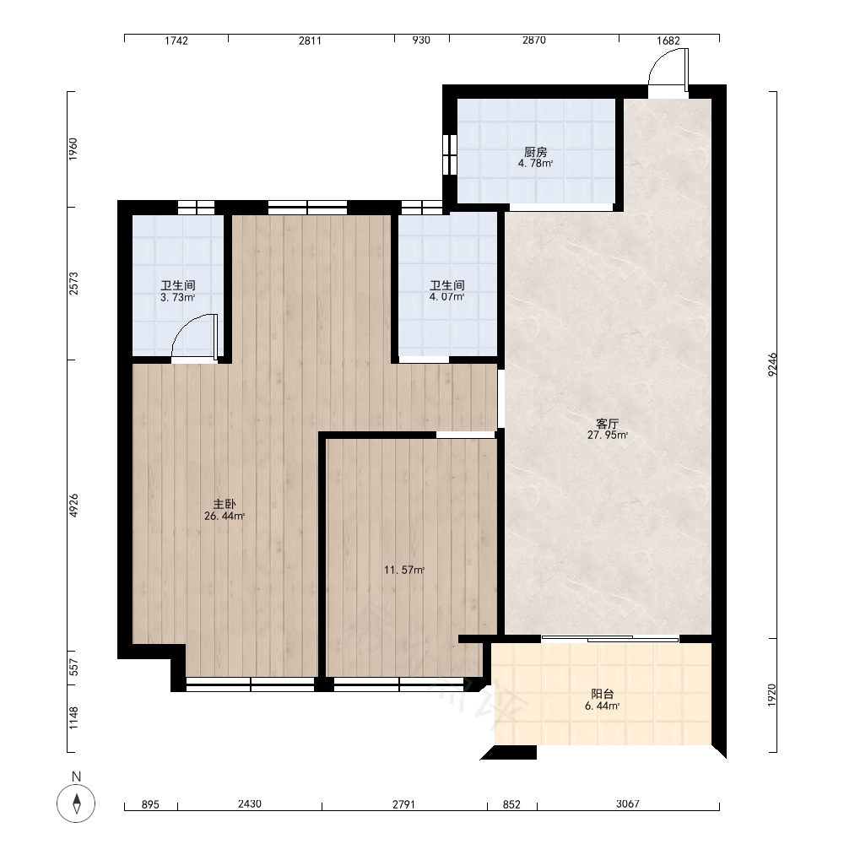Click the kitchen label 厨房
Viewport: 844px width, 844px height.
pos(536,152)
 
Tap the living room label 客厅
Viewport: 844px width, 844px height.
pos(607,425)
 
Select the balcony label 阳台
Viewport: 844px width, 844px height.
pos(603,695)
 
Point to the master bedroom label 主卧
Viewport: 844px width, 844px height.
pos(225,505)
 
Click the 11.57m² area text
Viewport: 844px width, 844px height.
pos(404,570)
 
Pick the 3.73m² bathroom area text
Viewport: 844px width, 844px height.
pos(177,297)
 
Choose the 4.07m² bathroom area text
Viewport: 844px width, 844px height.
pos(446,296)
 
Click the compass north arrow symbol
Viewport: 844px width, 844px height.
pos(77,803)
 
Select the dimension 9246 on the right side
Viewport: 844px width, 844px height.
pos(772,365)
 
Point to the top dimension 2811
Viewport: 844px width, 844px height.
pos(310,41)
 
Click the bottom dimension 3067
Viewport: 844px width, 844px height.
pos(628,804)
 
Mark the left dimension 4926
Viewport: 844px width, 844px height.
pos(73,506)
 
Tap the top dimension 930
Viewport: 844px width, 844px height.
pos(421,41)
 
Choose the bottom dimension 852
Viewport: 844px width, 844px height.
pos(511,804)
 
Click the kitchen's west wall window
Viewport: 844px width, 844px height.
pos(450,154)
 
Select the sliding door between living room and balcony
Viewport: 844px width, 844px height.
pos(610,639)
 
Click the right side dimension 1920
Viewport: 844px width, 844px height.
pos(772,695)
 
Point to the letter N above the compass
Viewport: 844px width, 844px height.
pos(77,776)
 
